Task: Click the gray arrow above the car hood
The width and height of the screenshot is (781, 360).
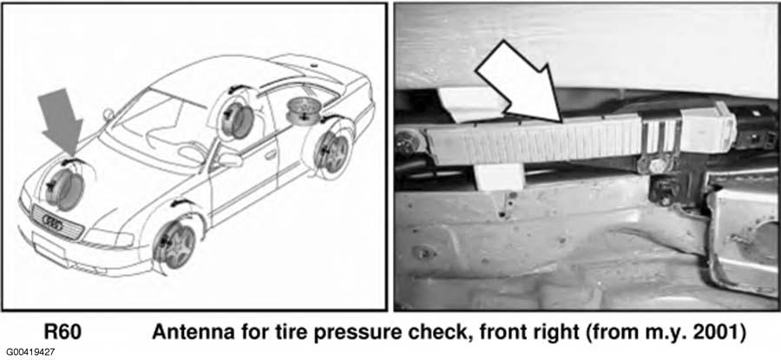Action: point(61,121)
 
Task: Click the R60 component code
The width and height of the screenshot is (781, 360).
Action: point(62,332)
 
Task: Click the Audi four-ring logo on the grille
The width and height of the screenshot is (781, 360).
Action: point(52,223)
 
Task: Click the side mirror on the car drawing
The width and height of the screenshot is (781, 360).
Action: point(230,160)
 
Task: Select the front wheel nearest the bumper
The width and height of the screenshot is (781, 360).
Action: point(174,244)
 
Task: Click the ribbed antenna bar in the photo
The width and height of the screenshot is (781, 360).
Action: point(534,141)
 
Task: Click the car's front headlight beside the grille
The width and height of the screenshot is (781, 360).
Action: point(108,238)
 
